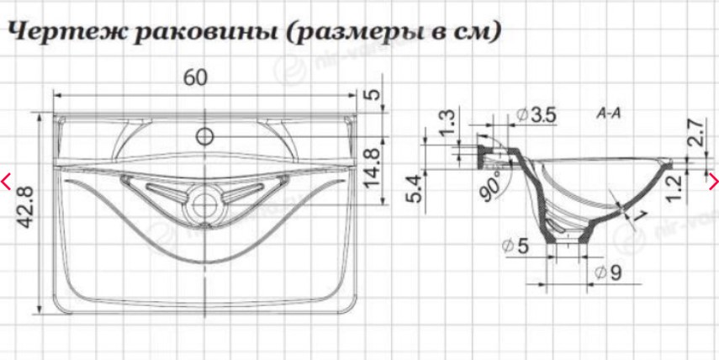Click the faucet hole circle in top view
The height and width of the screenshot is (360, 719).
coord(204,136)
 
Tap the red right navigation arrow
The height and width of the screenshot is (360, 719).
coord(713,179)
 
